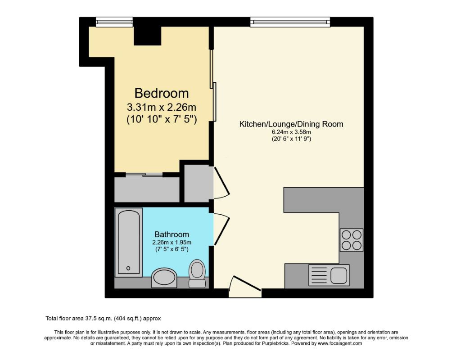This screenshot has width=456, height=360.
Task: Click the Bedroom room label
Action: (x=162, y=93)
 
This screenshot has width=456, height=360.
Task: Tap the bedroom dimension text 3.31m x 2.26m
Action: (x=162, y=107)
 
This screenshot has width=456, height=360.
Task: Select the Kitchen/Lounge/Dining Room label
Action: (x=291, y=124)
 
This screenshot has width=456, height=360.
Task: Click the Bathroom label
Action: (x=172, y=234)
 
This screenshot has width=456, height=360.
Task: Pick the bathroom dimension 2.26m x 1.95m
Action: (x=172, y=243)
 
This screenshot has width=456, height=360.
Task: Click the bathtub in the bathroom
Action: (x=129, y=242)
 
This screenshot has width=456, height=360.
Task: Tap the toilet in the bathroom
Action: (x=197, y=273)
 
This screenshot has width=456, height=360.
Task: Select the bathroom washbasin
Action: (x=164, y=278)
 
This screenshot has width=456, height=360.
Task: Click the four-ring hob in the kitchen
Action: (x=352, y=240)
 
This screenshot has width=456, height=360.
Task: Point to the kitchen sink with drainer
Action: (x=329, y=275)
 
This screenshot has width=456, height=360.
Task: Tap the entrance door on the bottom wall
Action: (x=244, y=287)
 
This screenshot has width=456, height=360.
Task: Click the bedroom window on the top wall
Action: (x=114, y=22)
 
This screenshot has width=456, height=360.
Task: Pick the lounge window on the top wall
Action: (x=290, y=22)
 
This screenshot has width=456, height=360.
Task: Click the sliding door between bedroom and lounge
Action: (x=213, y=85)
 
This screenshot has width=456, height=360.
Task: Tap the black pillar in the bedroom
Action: (x=148, y=36)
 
